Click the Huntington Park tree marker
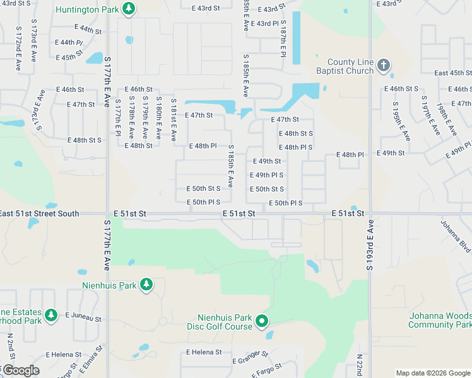(x=129, y=9)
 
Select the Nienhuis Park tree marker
(x=146, y=285)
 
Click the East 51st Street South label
(x=39, y=214)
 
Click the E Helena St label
(x=204, y=352)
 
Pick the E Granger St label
(x=251, y=358)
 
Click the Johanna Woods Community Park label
(x=440, y=320)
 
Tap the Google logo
(x=20, y=370)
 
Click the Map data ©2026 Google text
(x=433, y=372)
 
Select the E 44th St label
(x=87, y=30)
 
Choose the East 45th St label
(x=452, y=73)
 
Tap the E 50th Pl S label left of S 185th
(x=203, y=202)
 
